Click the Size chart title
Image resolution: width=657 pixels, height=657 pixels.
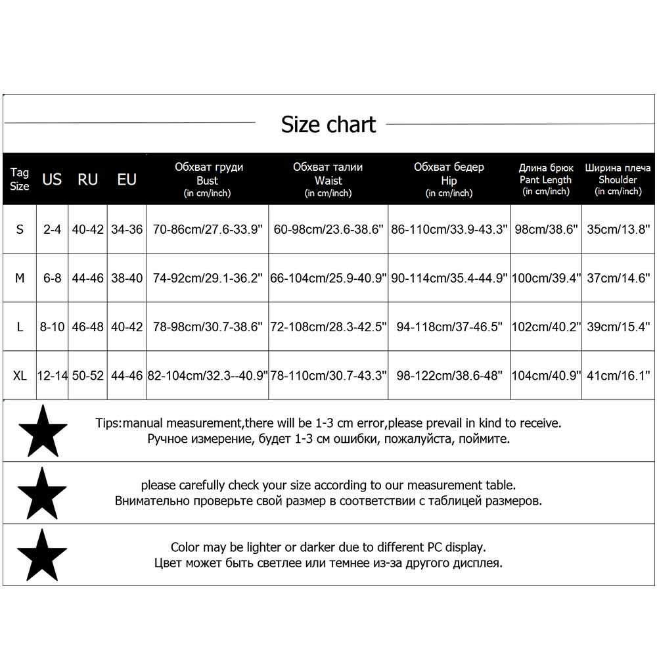click(328, 124)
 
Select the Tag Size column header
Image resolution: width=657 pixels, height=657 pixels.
click(20, 179)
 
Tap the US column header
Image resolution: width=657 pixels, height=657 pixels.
click(52, 179)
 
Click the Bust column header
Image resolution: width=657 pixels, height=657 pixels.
click(207, 179)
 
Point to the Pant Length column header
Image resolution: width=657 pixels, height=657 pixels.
click(546, 179)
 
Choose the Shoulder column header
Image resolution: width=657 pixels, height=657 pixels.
click(618, 179)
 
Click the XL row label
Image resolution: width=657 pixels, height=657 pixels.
click(20, 376)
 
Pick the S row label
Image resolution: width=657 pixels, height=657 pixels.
click(20, 229)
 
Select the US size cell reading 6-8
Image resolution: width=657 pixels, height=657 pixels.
click(52, 278)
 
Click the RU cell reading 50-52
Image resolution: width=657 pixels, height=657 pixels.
click(87, 376)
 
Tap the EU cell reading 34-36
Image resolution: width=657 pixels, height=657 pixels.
click(127, 229)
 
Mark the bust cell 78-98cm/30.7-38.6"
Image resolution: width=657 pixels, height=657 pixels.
click(207, 327)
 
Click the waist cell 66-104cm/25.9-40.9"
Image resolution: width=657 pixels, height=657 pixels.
click(328, 278)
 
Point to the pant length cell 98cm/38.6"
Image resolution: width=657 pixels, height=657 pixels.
click(546, 229)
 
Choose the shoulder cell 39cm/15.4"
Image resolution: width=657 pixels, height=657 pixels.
click(618, 327)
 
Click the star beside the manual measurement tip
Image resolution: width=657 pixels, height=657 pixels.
click(43, 430)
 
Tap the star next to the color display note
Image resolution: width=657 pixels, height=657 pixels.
click(43, 555)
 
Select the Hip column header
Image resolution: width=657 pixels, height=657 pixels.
click(449, 179)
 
